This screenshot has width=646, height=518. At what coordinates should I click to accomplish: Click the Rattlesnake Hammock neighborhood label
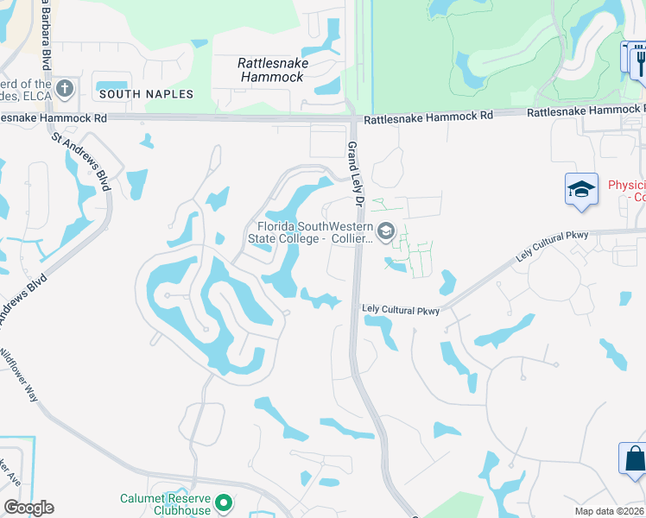pos(271,70)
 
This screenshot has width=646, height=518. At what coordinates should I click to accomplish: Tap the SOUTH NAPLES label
pos(146,93)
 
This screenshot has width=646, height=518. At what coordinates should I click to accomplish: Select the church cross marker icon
pos(65,88)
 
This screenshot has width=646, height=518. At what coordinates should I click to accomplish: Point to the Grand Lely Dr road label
pos(353,174)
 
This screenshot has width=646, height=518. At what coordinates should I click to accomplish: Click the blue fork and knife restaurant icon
pos(639,60)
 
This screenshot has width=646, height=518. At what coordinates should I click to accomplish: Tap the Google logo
pos(28,508)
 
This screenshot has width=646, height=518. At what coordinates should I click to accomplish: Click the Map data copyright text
pos(610,511)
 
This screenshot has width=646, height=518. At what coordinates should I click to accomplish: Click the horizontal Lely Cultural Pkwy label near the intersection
pos(401,310)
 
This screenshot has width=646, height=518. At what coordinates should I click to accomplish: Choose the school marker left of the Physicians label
pos(581,189)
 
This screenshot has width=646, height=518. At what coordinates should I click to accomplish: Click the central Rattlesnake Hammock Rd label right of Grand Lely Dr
pos(427,115)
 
